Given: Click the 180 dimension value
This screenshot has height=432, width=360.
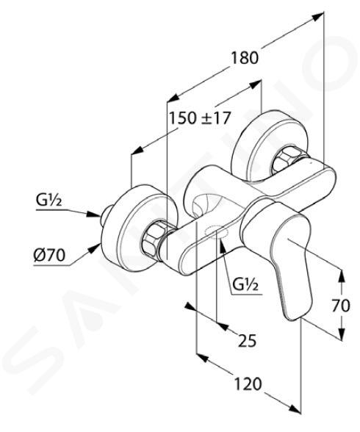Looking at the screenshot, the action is click(245, 58).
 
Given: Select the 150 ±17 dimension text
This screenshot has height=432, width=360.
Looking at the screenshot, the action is click(199, 118).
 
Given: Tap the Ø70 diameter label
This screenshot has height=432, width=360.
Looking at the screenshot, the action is click(49, 255).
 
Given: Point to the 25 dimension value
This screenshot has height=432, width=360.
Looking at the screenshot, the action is click(247, 340).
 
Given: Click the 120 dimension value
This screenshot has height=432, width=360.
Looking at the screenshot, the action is click(248, 384).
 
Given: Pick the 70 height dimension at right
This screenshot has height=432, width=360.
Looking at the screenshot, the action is click(340, 306).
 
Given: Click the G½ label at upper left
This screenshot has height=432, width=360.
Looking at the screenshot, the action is click(48, 201).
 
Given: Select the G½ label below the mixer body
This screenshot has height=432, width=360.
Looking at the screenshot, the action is click(245, 284).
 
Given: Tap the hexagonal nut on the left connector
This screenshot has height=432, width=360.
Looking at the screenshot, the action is click(153, 237).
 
